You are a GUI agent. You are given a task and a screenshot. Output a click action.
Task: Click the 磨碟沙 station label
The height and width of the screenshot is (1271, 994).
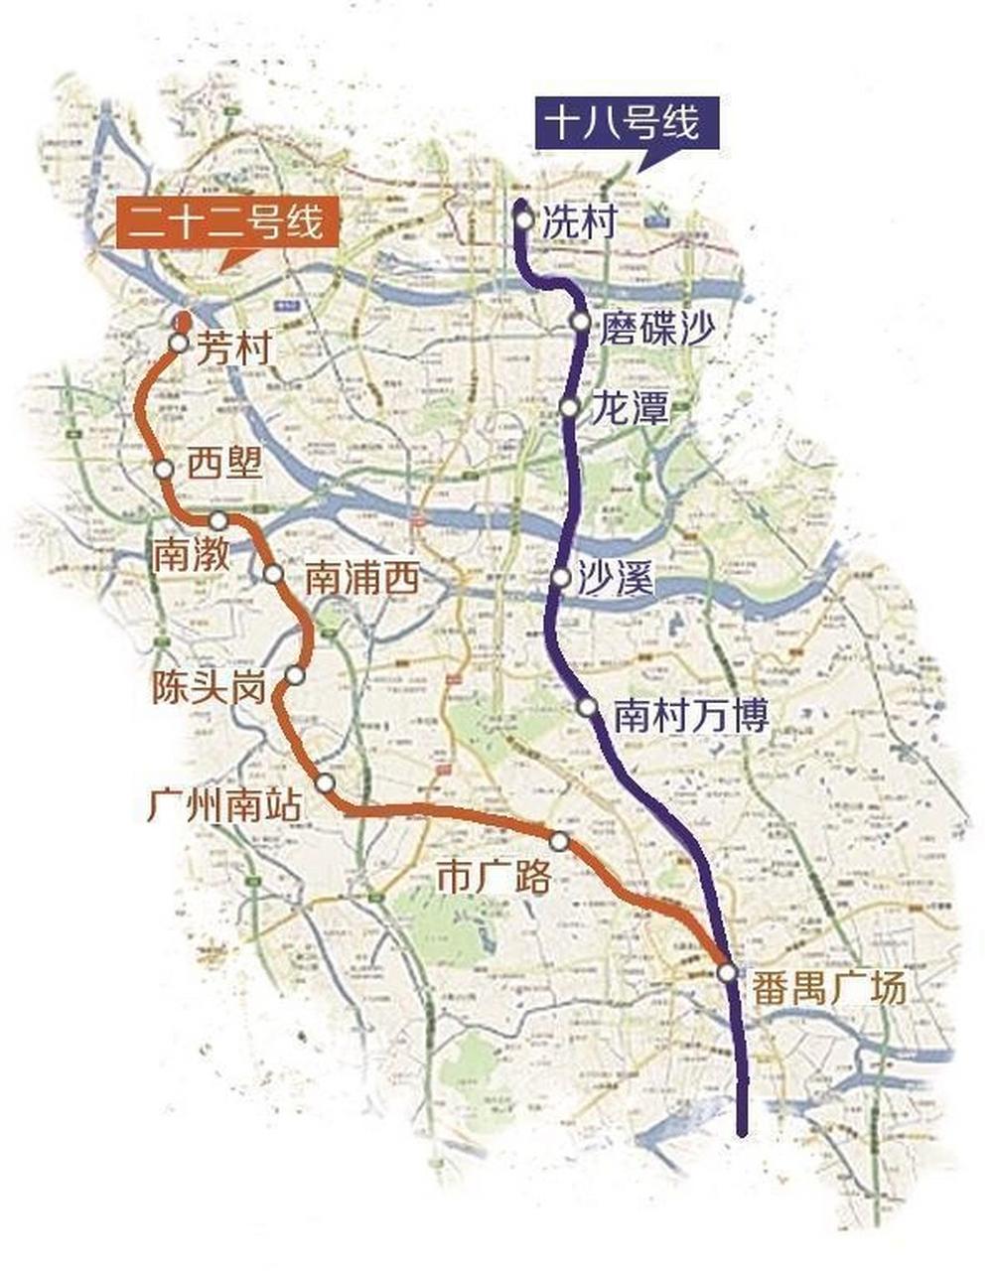(655, 329)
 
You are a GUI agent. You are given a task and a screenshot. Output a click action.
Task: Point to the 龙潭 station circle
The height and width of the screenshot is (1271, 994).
(569, 407)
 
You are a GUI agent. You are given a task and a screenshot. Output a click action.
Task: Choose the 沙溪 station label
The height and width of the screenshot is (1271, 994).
(616, 579)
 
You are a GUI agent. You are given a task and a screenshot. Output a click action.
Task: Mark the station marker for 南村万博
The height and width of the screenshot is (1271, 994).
(588, 708)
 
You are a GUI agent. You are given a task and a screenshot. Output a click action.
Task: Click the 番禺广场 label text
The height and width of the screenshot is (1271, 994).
(829, 988)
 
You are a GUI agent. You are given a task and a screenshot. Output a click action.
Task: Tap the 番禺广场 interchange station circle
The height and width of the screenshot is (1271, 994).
(728, 972)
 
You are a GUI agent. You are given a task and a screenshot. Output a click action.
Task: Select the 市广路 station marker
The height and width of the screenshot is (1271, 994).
(560, 842)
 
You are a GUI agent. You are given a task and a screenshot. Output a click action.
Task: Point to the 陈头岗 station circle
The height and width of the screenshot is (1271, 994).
(294, 675)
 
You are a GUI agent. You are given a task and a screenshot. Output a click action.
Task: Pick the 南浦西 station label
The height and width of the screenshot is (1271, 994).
(361, 578)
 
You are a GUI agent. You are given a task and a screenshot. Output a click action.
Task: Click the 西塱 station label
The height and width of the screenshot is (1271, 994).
(225, 465)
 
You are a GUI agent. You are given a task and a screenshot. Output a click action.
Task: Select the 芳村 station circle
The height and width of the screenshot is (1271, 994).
(178, 344)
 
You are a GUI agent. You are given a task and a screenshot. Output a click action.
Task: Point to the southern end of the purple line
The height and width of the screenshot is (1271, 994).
(743, 1129)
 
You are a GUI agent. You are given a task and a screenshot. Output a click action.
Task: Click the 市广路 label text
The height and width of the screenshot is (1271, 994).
(494, 876)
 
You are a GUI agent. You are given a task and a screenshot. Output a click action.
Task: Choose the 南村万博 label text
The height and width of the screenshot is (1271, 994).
(691, 715)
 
